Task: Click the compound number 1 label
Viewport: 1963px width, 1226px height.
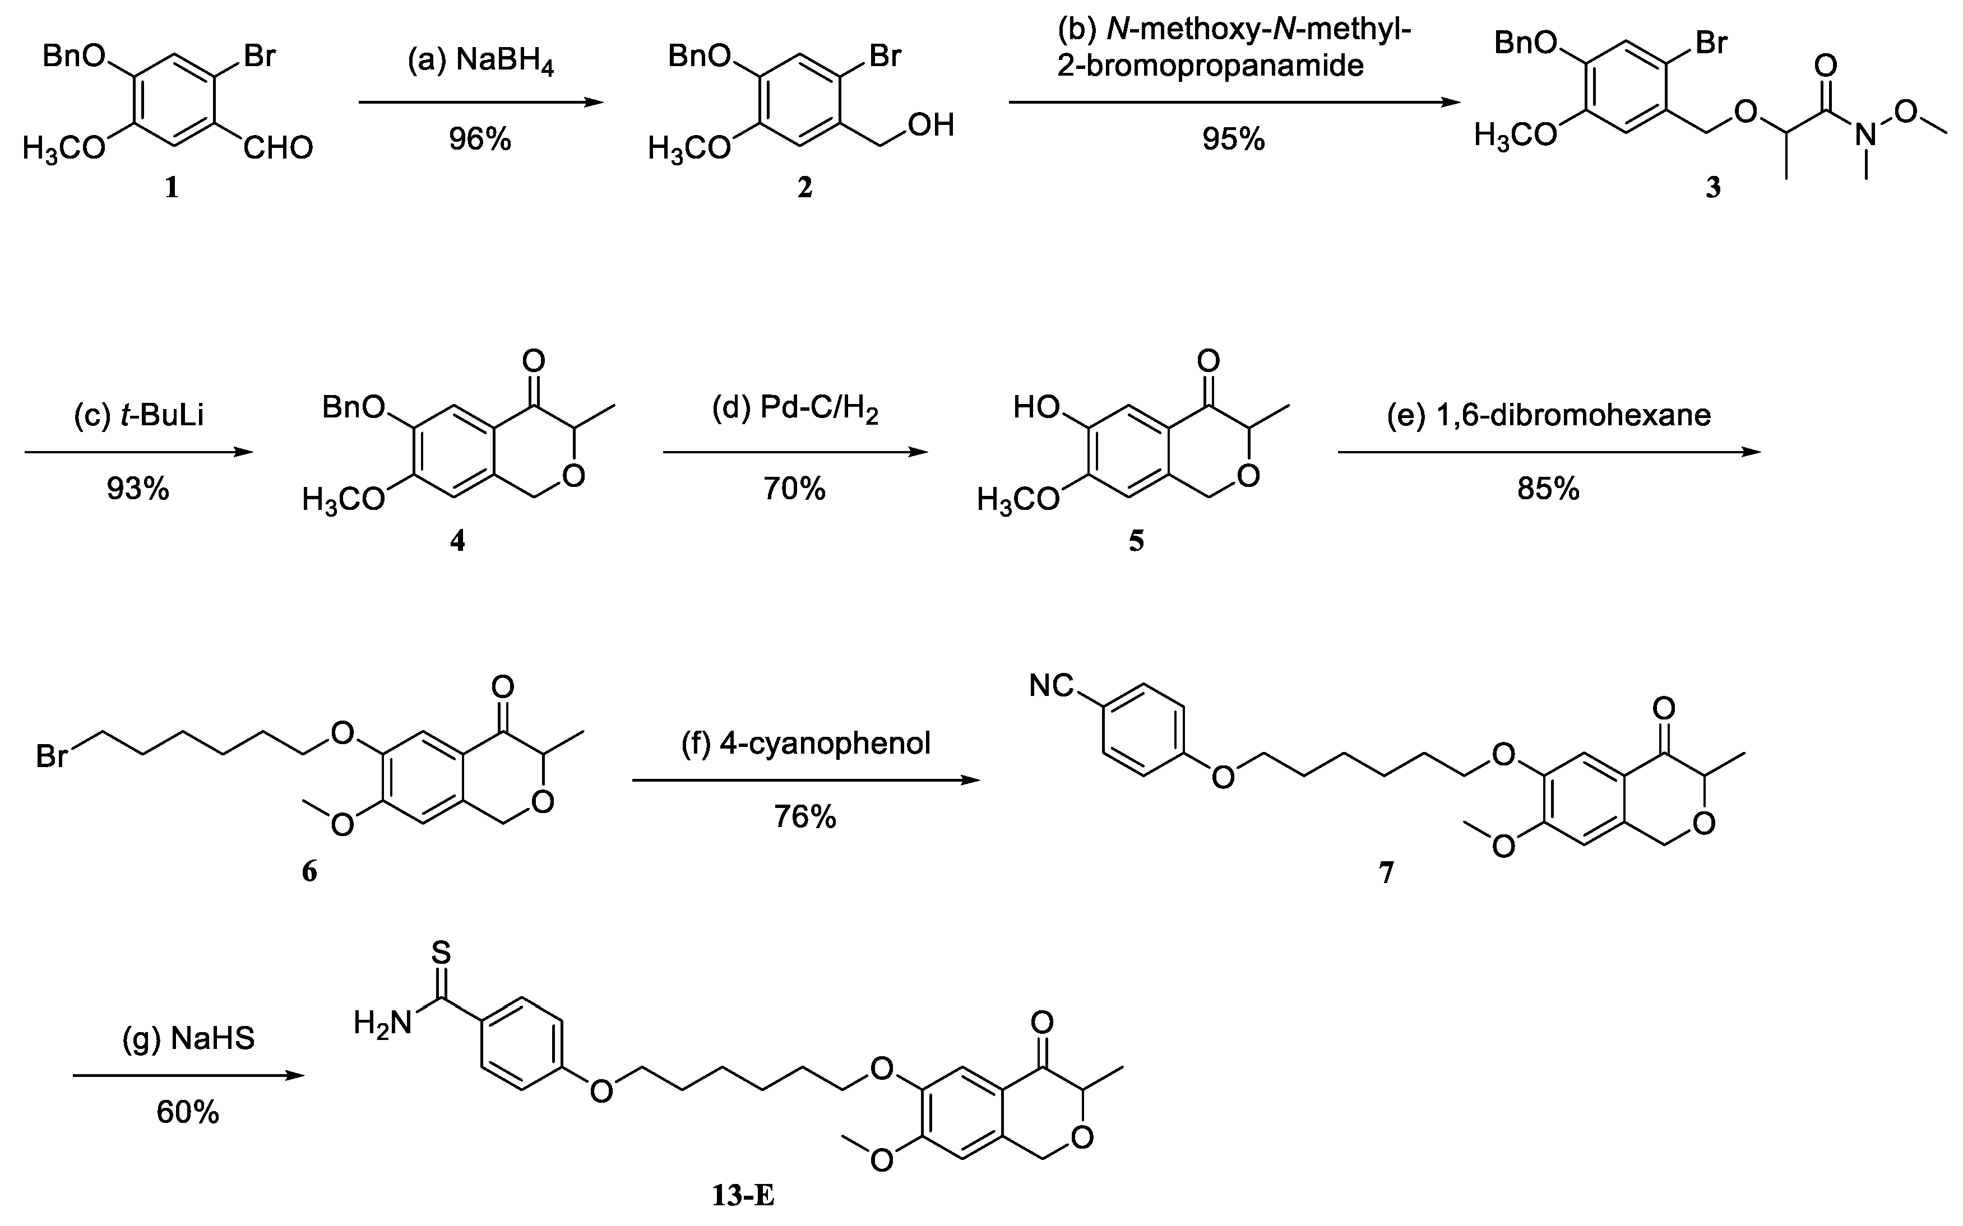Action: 171,189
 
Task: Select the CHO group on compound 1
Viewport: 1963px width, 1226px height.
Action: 277,148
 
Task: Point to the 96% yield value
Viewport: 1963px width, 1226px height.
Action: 480,140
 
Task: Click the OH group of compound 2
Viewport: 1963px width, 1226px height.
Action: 932,126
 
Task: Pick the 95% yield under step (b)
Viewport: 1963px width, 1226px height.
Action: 1233,140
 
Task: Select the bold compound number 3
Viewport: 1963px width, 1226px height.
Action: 1712,189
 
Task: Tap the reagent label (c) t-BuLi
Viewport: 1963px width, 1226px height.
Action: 138,415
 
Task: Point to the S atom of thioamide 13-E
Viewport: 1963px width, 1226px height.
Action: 441,952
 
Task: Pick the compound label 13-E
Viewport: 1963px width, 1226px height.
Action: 743,1196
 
